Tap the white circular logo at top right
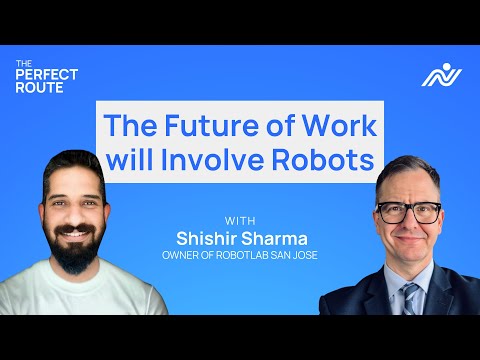[x=436, y=74]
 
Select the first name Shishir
[x=208, y=237]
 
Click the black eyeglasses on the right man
[x=410, y=212]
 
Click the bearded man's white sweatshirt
[x=70, y=295]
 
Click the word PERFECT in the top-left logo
[x=47, y=74]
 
